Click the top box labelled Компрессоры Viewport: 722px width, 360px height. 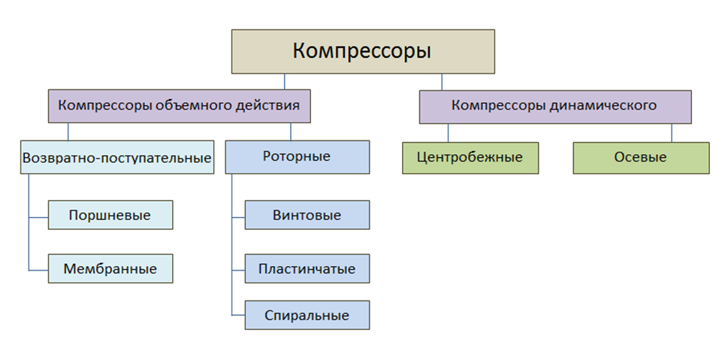[x=362, y=51]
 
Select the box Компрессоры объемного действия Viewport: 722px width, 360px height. [x=179, y=106]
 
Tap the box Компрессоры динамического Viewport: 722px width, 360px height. [x=554, y=106]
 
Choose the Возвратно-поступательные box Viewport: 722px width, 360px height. [x=116, y=158]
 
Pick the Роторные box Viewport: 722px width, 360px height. [x=297, y=157]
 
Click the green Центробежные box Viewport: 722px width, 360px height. [x=470, y=158]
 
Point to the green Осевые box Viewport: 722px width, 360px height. [x=640, y=158]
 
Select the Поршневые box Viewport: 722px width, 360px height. [x=110, y=215]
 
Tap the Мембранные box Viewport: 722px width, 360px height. [x=110, y=268]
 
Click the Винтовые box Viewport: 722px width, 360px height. [x=307, y=215]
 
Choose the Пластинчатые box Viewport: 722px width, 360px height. [x=307, y=268]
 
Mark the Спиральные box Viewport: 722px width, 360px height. [x=307, y=316]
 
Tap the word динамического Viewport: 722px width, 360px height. [x=608, y=106]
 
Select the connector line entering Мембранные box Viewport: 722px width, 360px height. [x=38, y=269]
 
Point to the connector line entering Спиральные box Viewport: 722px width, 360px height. [x=238, y=315]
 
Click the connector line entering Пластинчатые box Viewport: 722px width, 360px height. [x=238, y=268]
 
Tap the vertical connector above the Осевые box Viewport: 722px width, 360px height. [x=672, y=132]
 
